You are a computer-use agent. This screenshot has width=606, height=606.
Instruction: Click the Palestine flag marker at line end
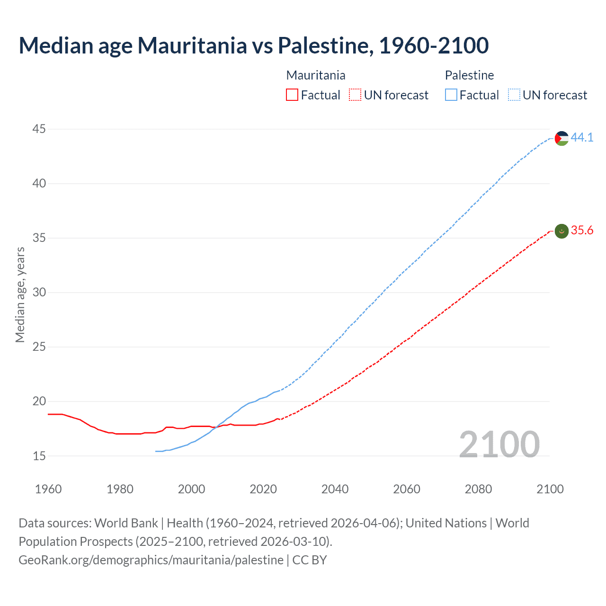point(561,138)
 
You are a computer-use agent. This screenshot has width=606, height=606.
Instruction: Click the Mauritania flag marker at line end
point(561,231)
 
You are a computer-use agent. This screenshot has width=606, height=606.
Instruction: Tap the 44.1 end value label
point(582,137)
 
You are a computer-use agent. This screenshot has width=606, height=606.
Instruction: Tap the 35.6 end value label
point(582,231)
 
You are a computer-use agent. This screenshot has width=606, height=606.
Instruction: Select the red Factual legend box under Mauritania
point(292,95)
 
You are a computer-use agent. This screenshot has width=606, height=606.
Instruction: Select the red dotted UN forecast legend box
point(355,95)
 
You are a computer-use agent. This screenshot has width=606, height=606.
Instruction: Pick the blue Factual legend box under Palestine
point(451,95)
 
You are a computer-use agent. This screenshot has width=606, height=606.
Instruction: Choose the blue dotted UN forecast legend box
point(514,95)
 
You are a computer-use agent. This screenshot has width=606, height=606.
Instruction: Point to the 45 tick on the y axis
point(39,129)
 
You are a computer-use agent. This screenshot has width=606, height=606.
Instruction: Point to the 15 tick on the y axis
point(39,456)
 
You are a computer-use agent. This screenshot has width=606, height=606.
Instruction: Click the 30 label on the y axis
point(39,293)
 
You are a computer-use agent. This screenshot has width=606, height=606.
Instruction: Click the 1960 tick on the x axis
point(48,489)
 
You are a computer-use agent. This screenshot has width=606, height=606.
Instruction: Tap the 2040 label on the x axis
point(335,489)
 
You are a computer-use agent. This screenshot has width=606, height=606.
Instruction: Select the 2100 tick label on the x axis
point(550,489)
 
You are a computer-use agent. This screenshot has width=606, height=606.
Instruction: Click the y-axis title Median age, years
point(20,294)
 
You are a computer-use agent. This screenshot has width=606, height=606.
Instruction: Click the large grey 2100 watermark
point(499,445)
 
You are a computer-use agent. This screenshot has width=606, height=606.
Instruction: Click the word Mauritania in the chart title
point(192,45)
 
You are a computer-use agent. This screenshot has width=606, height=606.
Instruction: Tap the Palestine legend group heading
point(469,75)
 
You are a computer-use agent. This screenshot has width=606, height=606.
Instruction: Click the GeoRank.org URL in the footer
point(151,560)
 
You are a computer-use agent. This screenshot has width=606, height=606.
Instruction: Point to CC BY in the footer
point(310,560)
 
